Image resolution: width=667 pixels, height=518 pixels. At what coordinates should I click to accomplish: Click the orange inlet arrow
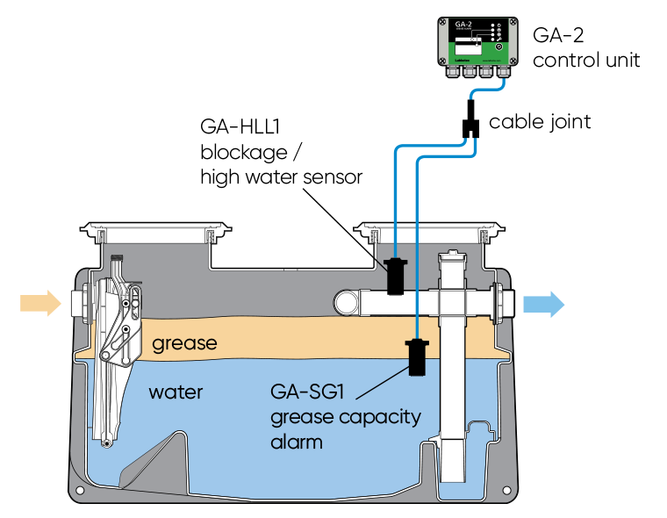[40, 303]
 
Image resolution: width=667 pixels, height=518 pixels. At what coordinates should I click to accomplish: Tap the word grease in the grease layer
[184, 343]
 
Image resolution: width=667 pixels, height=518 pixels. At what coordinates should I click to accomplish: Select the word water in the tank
[176, 392]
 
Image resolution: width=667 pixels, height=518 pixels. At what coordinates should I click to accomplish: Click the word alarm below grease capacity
[297, 442]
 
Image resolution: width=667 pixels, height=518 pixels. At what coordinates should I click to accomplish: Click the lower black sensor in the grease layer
[417, 356]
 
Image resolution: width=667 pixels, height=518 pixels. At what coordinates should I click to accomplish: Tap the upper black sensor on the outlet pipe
[396, 276]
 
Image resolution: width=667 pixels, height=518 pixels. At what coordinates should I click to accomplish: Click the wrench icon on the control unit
[499, 40]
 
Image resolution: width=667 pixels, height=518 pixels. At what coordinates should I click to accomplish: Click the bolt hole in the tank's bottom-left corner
[80, 490]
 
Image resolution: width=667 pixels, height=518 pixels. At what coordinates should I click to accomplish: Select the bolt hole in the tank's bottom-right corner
[503, 490]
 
